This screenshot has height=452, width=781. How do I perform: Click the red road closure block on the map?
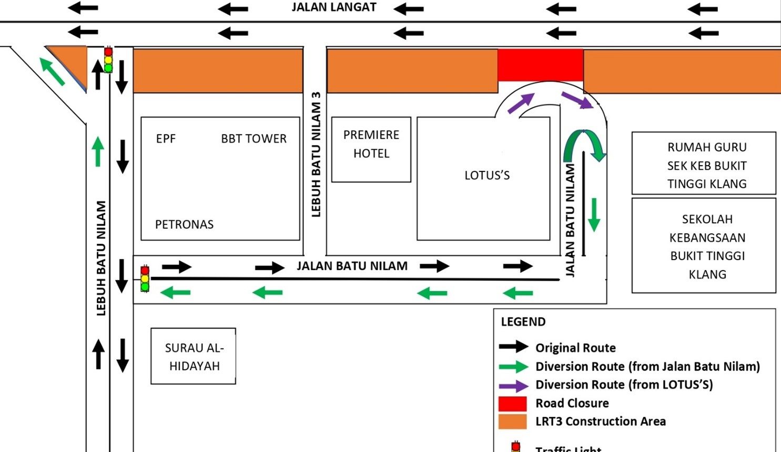tap(541, 65)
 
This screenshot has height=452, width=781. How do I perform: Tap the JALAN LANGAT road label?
tap(334, 7)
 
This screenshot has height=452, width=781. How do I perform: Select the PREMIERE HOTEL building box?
tap(371, 149)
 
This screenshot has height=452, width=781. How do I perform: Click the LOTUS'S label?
tap(487, 176)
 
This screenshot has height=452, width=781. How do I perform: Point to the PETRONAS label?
tap(184, 224)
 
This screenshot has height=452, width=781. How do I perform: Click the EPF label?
tap(166, 139)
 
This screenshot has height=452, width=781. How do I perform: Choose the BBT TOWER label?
tap(253, 139)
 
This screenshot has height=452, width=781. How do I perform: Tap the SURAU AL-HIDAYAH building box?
tap(194, 356)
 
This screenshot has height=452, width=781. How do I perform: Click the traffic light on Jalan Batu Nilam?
tap(145, 279)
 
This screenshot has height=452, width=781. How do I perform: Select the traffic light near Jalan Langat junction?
tap(108, 59)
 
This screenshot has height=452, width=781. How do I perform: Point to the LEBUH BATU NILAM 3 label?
tap(316, 155)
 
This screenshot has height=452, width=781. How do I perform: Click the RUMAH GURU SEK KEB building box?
tap(704, 163)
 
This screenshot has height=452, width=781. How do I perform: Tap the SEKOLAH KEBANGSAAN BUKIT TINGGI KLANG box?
tap(704, 245)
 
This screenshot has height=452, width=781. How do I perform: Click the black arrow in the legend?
tap(513, 346)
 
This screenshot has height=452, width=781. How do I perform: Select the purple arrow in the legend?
tap(513, 386)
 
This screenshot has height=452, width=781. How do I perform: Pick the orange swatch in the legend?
tap(512, 422)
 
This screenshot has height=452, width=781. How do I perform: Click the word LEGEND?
tap(523, 322)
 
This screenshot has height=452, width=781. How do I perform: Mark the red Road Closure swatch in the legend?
tap(512, 403)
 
